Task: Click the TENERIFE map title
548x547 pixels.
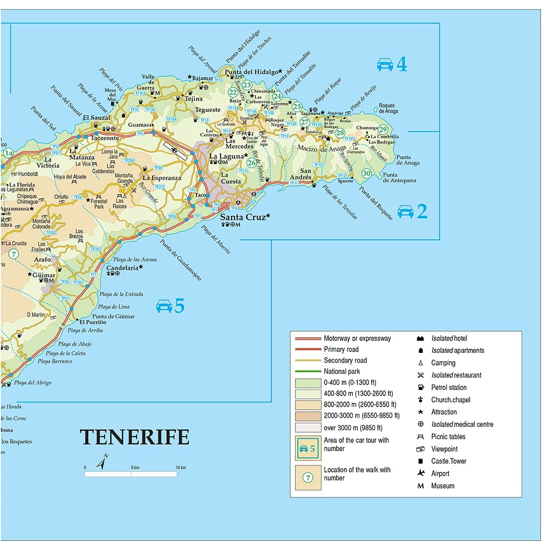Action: click(135, 437)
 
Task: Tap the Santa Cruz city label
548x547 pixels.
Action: click(243, 217)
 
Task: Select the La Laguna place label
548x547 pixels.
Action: click(226, 156)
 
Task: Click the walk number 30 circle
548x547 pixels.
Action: click(367, 173)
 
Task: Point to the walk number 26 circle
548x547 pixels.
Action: click(252, 163)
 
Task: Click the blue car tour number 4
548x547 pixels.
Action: click(401, 64)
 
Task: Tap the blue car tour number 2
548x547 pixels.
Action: click(422, 211)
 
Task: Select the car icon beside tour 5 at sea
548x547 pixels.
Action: click(164, 306)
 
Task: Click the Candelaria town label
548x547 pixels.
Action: click(122, 268)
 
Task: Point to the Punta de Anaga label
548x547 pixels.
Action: click(408, 160)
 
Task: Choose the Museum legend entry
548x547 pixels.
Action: click(442, 486)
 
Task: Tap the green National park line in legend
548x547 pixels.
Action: click(308, 371)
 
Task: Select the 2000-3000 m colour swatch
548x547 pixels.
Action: click(308, 416)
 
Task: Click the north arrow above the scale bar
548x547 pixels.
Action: click(102, 462)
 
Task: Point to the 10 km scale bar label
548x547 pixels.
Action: click(181, 467)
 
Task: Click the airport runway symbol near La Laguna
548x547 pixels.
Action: click(176, 151)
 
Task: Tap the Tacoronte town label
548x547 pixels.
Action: click(105, 138)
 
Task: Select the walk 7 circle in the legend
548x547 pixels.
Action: click(308, 478)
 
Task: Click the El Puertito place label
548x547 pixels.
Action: click(93, 322)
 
